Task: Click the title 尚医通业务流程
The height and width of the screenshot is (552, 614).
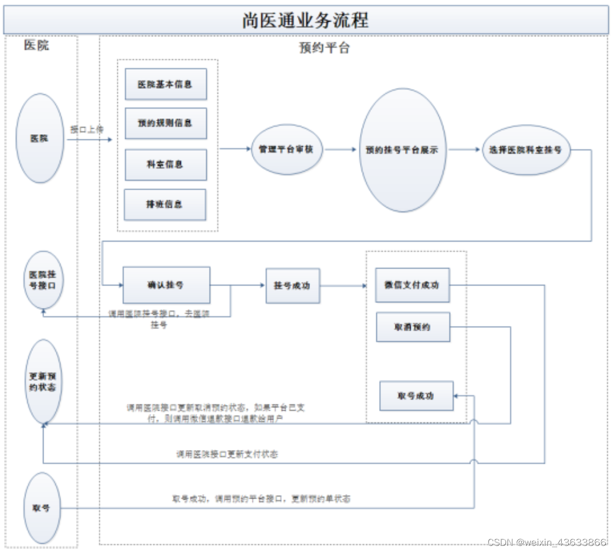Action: point(306,21)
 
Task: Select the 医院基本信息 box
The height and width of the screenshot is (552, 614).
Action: point(165,85)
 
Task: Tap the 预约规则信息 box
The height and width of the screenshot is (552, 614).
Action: point(165,123)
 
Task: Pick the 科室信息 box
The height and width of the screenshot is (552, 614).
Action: point(165,165)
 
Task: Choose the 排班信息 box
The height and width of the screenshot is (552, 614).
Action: point(164,205)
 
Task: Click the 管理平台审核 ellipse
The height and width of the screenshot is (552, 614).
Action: point(286,149)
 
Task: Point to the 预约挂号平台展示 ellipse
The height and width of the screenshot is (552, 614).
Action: point(402,150)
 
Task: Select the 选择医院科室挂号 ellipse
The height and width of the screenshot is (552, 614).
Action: point(525,150)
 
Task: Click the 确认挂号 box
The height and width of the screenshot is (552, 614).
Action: point(166,285)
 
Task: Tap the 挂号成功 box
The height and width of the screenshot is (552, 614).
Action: point(292,285)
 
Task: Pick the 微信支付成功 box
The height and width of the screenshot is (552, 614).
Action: point(412,285)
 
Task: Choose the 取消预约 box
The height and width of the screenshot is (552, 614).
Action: point(413,327)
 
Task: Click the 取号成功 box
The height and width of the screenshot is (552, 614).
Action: point(416,396)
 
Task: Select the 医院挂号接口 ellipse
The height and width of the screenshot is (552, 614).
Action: point(43,280)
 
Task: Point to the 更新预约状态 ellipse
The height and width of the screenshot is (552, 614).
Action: point(43,381)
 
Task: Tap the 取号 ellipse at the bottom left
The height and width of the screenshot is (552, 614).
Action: point(42,508)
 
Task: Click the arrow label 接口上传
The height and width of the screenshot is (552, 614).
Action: point(87,129)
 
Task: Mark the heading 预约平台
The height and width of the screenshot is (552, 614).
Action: point(324,48)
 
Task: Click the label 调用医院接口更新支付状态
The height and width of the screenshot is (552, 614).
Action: point(227,454)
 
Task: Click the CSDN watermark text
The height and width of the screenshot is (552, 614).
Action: point(546,542)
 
